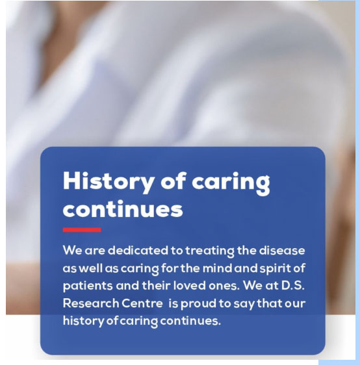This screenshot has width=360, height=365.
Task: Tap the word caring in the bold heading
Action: click(x=231, y=184)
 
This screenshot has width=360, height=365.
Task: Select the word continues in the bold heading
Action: click(x=123, y=209)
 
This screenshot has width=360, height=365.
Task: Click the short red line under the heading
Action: click(x=82, y=230)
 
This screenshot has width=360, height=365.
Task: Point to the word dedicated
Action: click(x=138, y=251)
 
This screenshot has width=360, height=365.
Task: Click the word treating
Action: click(x=210, y=251)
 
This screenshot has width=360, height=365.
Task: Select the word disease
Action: click(x=282, y=251)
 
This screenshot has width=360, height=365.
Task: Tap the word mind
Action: click(x=217, y=268)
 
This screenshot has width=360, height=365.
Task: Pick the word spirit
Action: click(x=275, y=269)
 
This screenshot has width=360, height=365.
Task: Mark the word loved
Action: click(x=189, y=285)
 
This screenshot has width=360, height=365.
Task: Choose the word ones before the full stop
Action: click(x=223, y=286)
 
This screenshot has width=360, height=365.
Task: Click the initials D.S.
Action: click(x=293, y=285)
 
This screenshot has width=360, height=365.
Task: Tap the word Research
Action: click(x=91, y=303)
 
